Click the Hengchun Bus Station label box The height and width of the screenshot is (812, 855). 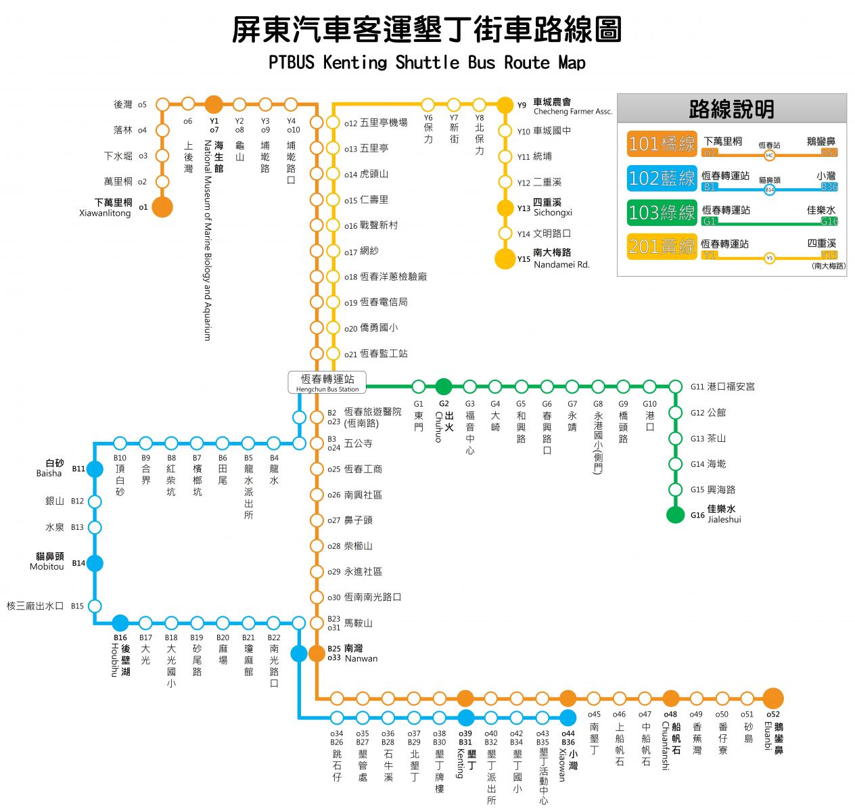327,382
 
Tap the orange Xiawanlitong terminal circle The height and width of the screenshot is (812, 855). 162,207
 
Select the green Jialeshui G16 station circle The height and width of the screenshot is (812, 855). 675,515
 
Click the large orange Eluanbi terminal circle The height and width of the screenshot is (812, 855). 772,698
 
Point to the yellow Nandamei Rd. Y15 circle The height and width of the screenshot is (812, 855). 505,259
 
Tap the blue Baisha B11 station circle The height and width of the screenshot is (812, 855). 95,469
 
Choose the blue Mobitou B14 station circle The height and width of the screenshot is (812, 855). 95,563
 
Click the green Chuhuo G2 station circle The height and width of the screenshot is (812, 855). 444,386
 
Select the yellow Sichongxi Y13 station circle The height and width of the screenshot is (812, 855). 505,208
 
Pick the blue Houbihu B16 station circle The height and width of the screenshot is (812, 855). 120,623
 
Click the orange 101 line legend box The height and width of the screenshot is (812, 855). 662,144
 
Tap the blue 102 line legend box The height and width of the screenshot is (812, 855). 662,179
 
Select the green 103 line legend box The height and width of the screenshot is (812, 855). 662,212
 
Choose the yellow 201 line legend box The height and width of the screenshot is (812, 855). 662,247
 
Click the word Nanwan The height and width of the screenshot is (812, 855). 361,658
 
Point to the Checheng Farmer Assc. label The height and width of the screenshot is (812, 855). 572,112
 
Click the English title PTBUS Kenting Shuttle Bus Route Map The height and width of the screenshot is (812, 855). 427,63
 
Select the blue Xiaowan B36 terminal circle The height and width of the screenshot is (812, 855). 568,718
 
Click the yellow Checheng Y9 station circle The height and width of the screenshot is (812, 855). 505,105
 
